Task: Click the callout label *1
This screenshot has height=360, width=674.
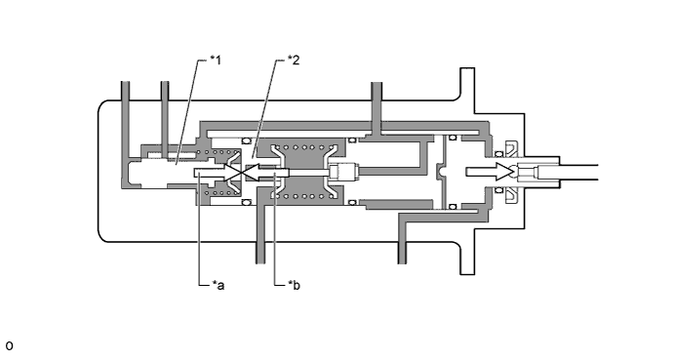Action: coord(216,60)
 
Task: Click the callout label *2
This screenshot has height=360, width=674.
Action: coord(294,60)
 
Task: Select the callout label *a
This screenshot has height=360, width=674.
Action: coord(218,285)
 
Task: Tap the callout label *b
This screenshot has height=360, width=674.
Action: coord(294,285)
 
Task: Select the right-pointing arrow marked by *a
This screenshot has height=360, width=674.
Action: coord(219,172)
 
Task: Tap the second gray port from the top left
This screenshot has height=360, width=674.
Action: coord(165,116)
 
